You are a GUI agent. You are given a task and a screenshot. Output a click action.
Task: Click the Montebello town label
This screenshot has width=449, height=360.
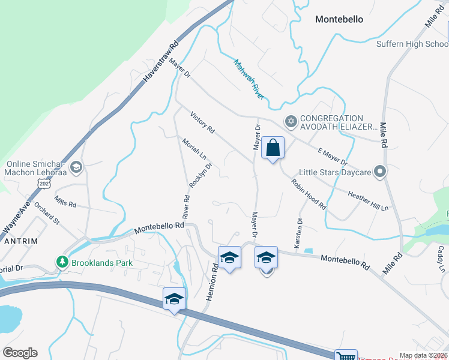tap(339, 19)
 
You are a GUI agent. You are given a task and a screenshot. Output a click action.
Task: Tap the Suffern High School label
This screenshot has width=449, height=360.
tap(412, 44)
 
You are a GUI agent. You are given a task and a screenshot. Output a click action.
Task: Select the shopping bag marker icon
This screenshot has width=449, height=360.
tap(273, 148)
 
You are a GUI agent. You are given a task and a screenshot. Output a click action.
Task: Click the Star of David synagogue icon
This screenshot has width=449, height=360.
tap(291, 122)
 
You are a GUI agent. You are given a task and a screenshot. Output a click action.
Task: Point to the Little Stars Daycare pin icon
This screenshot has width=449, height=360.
tap(379, 172)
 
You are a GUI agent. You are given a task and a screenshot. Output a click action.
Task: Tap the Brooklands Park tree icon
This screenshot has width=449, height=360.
tap(62, 262)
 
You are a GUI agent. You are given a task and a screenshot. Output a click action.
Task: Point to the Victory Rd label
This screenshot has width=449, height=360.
tap(202, 122)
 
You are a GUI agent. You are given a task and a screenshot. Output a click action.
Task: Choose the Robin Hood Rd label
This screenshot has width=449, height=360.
tap(309, 194)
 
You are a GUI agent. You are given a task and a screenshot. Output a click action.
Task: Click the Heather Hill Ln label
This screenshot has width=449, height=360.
tap(369, 199)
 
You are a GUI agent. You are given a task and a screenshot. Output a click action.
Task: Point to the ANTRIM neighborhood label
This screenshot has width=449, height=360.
tap(21, 241)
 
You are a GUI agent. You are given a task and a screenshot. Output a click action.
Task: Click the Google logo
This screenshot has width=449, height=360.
tap(20, 353)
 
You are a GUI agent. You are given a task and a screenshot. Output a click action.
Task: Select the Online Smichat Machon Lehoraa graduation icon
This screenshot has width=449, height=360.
tap(76, 167)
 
